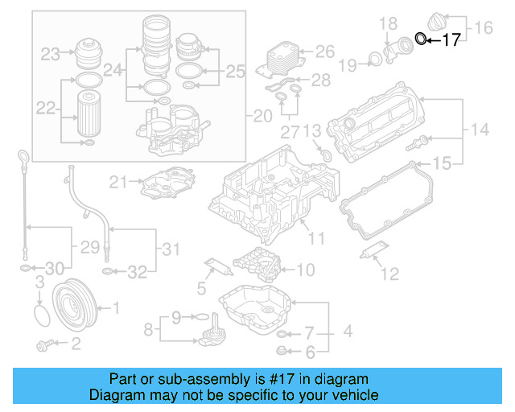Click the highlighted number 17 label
451,39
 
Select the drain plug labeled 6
281,350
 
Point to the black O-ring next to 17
421,37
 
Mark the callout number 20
262,117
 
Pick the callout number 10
306,270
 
